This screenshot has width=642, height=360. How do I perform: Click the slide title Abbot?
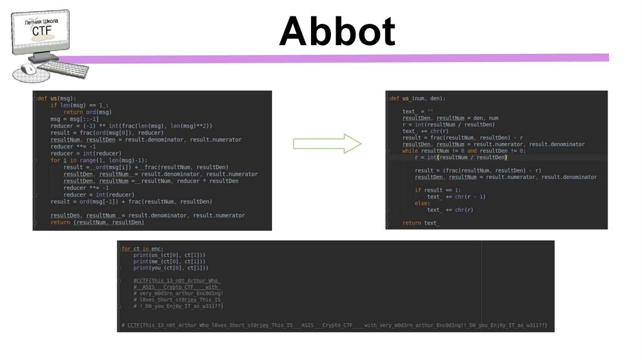click(x=337, y=31)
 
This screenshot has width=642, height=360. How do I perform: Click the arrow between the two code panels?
click(x=327, y=144)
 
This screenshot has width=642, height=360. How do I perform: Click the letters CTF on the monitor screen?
click(x=41, y=31)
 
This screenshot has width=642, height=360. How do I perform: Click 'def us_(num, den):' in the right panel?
click(x=417, y=98)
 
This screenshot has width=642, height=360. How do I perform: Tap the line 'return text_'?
click(x=421, y=223)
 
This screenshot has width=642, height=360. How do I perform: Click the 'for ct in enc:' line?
click(x=142, y=249)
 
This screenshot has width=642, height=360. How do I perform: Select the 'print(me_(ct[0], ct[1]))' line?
click(x=169, y=262)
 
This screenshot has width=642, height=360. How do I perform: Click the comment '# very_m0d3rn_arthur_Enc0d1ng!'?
click(x=179, y=293)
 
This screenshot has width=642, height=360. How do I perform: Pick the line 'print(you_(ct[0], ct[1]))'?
click(x=171, y=268)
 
